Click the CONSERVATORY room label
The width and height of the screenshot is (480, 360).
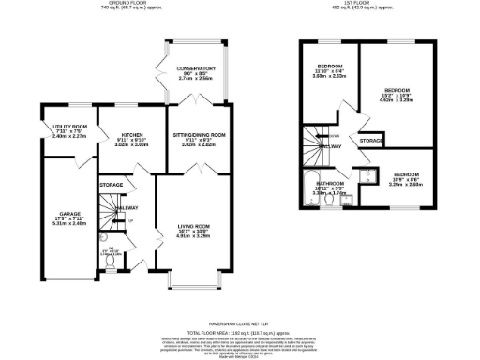click(197, 68)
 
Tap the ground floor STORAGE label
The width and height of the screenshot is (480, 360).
click(112, 185)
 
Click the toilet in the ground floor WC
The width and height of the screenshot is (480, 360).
click(111, 264)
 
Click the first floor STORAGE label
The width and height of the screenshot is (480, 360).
click(371, 141)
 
